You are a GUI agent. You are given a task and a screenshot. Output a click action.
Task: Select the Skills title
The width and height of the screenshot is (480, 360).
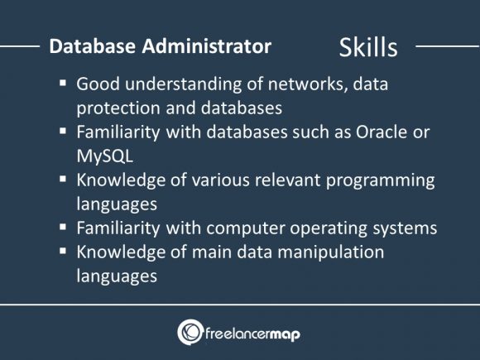pos(368,48)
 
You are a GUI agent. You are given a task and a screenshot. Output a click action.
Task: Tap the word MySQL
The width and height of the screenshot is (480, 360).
pos(103,155)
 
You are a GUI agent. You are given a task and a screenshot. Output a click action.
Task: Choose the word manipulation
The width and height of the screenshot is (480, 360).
pos(334,252)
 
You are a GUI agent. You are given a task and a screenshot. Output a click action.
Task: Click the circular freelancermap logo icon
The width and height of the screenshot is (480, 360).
pos(190,332)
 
